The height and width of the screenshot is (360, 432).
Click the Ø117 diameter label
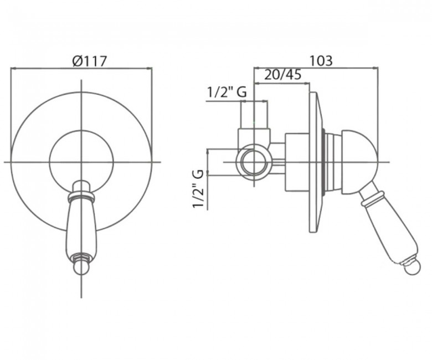90,61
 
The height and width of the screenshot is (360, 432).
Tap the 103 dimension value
321,60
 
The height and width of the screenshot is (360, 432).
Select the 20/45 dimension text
282,74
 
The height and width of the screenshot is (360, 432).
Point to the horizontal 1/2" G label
227,92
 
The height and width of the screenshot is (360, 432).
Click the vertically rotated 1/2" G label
198,189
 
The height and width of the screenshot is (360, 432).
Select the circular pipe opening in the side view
254,162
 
